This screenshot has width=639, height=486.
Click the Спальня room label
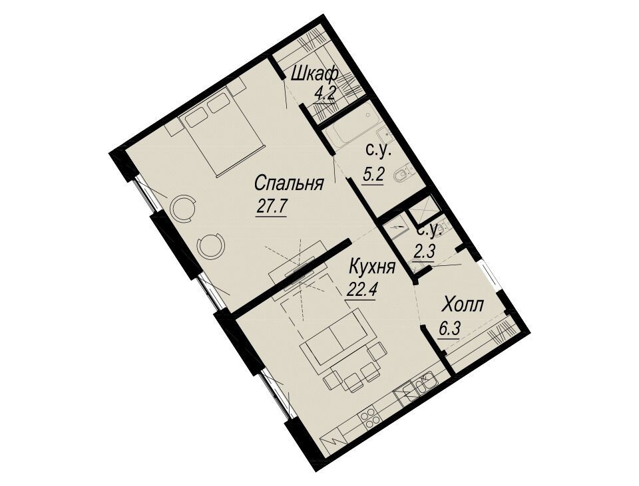click(x=289, y=184)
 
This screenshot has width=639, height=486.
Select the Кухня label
click(x=373, y=268)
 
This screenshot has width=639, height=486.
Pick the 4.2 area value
click(x=325, y=95)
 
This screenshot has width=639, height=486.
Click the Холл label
click(x=464, y=304)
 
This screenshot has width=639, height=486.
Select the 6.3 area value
click(x=449, y=328)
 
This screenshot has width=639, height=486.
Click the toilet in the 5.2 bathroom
click(x=404, y=175)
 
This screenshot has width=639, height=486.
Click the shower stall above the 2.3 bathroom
click(x=423, y=210)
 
